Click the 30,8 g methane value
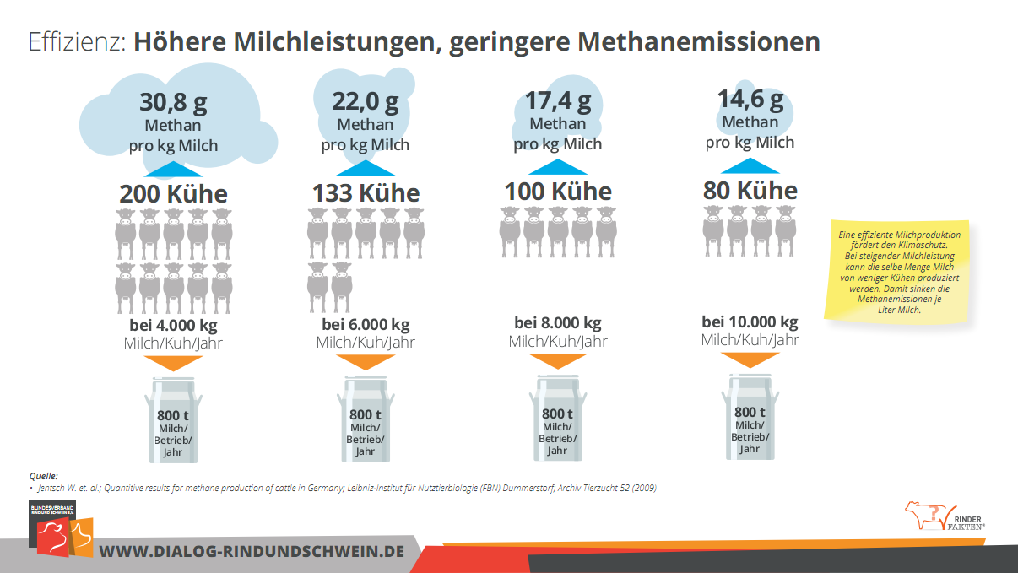[x=173, y=103]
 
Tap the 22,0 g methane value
[x=366, y=102]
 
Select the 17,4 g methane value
[x=558, y=101]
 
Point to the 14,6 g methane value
[x=750, y=100]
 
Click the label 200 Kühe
[x=173, y=194]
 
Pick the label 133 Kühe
[x=366, y=193]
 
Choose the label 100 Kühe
[x=558, y=192]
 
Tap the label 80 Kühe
[x=750, y=190]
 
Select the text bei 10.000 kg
[x=750, y=322]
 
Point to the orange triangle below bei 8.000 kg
[x=558, y=360]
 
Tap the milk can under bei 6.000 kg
[x=366, y=419]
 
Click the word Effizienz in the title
[x=77, y=42]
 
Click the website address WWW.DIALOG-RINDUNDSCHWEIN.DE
[x=252, y=551]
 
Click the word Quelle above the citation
[x=43, y=476]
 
